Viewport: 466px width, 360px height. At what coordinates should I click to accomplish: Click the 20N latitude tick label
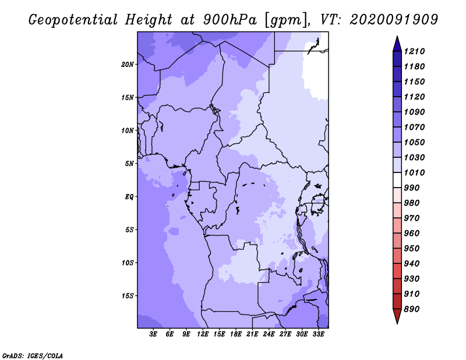pyautogui.click(x=127, y=65)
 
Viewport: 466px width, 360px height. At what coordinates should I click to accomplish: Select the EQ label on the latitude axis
pyautogui.click(x=129, y=197)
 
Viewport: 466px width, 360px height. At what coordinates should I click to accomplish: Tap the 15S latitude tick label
pyautogui.click(x=127, y=296)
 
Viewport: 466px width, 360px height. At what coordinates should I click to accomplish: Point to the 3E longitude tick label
pyautogui.click(x=153, y=334)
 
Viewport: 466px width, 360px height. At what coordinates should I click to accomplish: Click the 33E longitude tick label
pyautogui.click(x=318, y=334)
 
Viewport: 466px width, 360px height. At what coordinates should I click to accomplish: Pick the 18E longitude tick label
pyautogui.click(x=236, y=334)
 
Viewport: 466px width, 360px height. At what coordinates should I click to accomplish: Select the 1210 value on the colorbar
pyautogui.click(x=414, y=51)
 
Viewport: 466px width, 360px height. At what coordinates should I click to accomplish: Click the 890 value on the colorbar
pyautogui.click(x=412, y=309)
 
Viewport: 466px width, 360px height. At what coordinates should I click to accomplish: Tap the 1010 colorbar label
pyautogui.click(x=414, y=172)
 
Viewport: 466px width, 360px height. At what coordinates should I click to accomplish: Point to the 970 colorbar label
pyautogui.click(x=412, y=218)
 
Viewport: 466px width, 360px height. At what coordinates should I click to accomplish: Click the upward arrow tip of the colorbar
pyautogui.click(x=397, y=36)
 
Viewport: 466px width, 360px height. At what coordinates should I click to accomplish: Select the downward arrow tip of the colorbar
pyautogui.click(x=397, y=323)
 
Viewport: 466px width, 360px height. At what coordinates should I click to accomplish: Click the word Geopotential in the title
pyautogui.click(x=73, y=20)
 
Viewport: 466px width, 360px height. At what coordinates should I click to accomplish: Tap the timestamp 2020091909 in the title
pyautogui.click(x=394, y=20)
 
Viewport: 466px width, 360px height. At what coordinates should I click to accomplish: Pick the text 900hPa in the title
pyautogui.click(x=230, y=20)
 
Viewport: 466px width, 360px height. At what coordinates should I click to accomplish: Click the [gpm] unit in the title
pyautogui.click(x=285, y=20)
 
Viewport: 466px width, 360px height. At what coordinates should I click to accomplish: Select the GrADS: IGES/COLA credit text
pyautogui.click(x=33, y=356)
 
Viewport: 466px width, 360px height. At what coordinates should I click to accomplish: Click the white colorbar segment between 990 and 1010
pyautogui.click(x=397, y=180)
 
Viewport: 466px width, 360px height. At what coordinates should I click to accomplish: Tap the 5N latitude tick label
pyautogui.click(x=129, y=164)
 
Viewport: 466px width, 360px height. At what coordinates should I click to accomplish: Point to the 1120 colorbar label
pyautogui.click(x=414, y=97)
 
